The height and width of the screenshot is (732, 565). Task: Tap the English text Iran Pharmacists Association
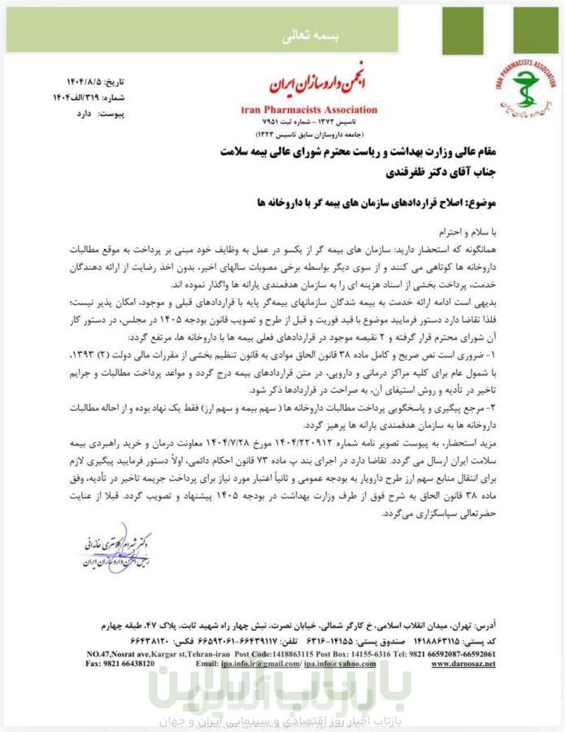[309, 109]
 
